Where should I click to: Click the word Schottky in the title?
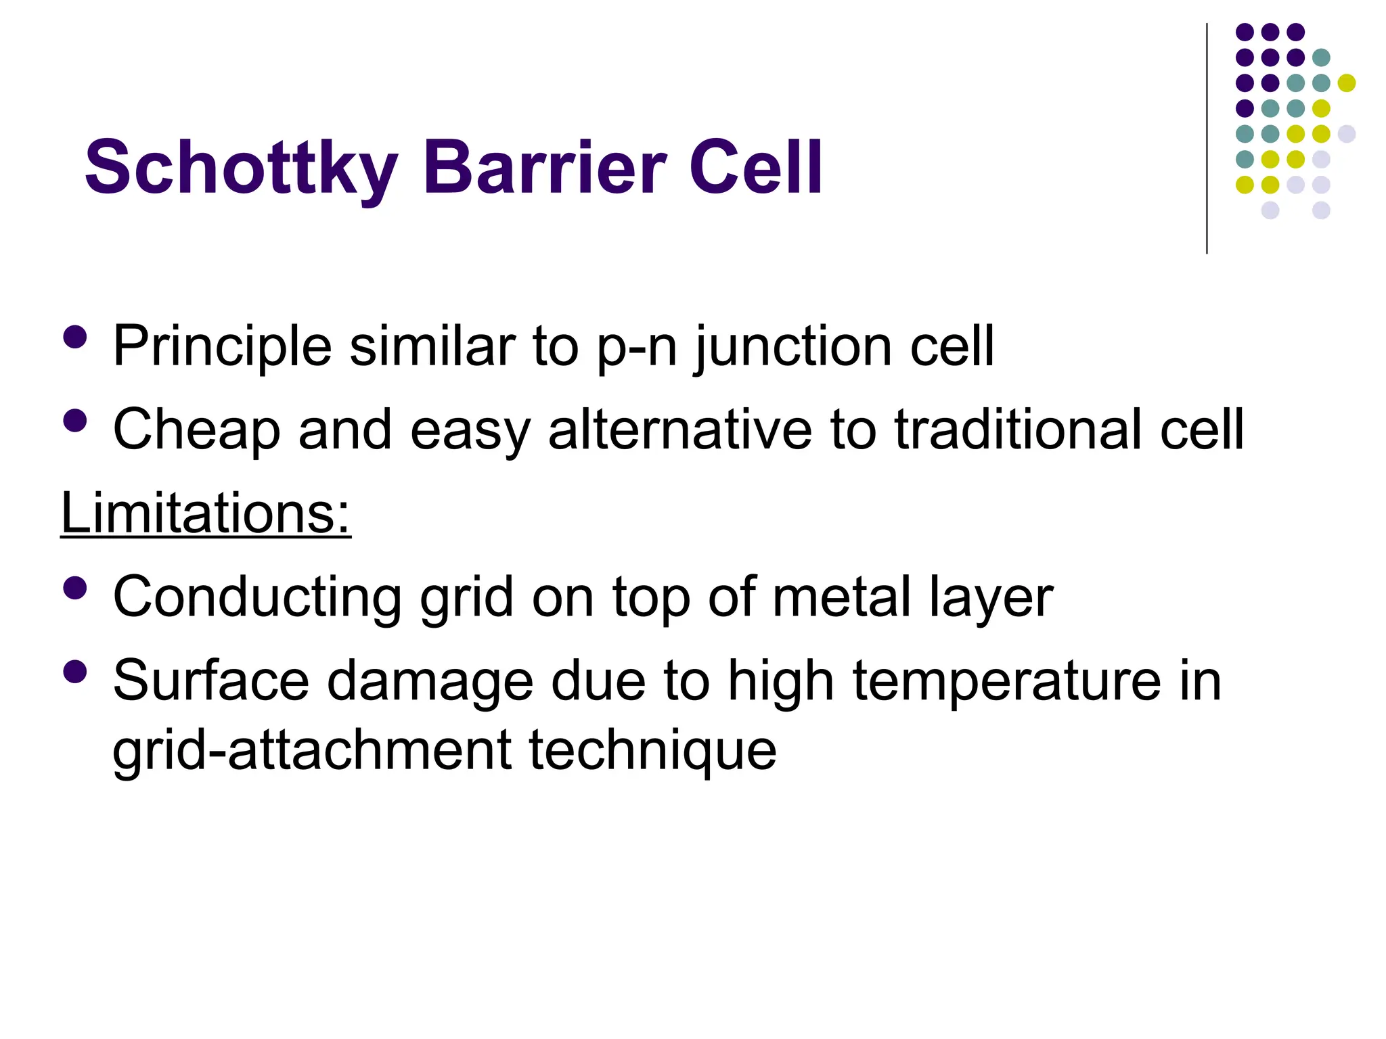(241, 168)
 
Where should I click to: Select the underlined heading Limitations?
(206, 513)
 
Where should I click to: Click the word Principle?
(222, 346)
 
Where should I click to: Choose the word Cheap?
(196, 430)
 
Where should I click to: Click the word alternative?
(679, 429)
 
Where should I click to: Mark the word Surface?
(210, 680)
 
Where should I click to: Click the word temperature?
(1006, 682)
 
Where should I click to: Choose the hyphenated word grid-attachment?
(312, 751)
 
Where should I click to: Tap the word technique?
(652, 751)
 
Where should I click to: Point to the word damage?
(430, 682)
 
